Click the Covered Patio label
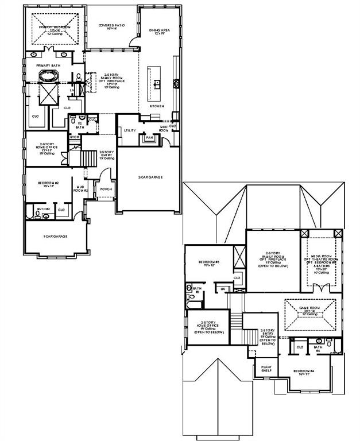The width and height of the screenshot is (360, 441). click(111, 27)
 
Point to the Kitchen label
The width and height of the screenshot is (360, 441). click(157, 106)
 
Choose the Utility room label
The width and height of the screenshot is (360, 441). click(130, 130)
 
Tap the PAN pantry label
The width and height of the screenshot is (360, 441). click(149, 138)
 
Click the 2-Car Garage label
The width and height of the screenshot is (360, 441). click(150, 177)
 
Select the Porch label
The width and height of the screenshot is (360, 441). click(106, 189)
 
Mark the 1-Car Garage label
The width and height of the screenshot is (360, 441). click(56, 236)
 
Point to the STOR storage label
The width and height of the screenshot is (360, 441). click(74, 137)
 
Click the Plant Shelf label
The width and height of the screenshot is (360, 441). click(266, 368)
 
